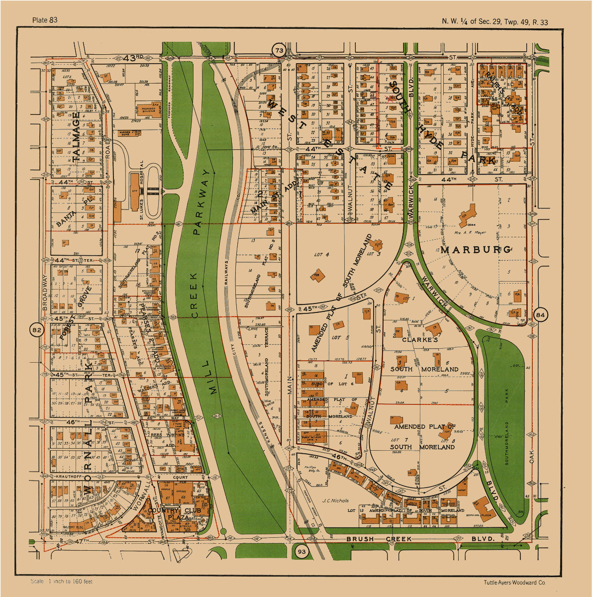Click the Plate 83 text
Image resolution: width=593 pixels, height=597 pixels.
pyautogui.click(x=45, y=20)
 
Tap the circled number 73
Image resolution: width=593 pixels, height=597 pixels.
pyautogui.click(x=279, y=50)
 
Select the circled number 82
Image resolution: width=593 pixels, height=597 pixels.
pyautogui.click(x=36, y=330)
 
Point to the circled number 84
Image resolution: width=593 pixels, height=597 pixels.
pyautogui.click(x=541, y=314)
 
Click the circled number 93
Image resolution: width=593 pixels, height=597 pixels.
pyautogui.click(x=301, y=552)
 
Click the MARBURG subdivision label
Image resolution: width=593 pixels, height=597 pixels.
pyautogui.click(x=475, y=250)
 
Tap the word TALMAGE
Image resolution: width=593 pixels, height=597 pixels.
pyautogui.click(x=76, y=137)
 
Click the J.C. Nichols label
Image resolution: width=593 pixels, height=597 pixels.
pyautogui.click(x=335, y=501)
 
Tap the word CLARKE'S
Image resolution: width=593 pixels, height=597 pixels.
pyautogui.click(x=419, y=340)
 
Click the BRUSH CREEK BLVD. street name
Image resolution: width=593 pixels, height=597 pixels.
pyautogui.click(x=420, y=539)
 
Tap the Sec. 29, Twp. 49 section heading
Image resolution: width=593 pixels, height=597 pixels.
pyautogui.click(x=495, y=21)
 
